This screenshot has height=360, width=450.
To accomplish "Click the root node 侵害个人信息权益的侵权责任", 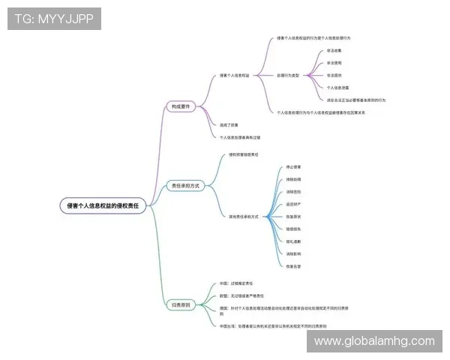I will pos(103,205).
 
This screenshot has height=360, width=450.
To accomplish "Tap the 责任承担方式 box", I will pos(184,185).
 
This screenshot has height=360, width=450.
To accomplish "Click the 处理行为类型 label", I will pos(287,76).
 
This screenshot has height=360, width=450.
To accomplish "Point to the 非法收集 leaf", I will pos(334,51).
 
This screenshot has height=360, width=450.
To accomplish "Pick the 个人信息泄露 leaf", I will pos(337,88).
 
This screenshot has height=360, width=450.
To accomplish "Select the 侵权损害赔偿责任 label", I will pos(244,154).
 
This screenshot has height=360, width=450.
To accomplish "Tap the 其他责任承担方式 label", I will pos(244,216).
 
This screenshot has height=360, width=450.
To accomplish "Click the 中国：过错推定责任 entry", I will pos(235,283).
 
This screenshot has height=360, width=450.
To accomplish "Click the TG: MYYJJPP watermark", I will pos(54,19).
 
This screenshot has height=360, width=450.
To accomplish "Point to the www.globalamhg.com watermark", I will pos(374,341).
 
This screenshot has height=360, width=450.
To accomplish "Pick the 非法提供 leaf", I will pos(334,76).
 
